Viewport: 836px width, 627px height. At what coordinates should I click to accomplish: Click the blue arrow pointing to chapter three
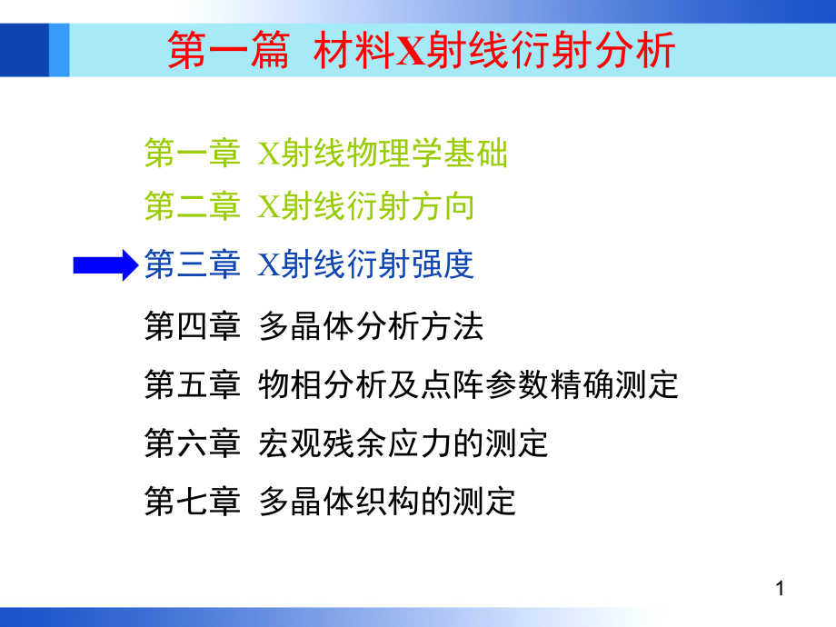pyautogui.click(x=105, y=265)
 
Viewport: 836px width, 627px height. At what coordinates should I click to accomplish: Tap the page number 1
pyautogui.click(x=780, y=589)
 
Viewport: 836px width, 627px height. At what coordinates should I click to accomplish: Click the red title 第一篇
pyautogui.click(x=229, y=50)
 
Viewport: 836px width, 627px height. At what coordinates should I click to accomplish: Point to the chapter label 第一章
pyautogui.click(x=193, y=153)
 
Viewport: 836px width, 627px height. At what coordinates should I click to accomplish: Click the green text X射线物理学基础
pyautogui.click(x=383, y=153)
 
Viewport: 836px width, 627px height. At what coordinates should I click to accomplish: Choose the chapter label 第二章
pyautogui.click(x=193, y=206)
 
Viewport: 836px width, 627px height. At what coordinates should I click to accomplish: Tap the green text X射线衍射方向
pyautogui.click(x=365, y=206)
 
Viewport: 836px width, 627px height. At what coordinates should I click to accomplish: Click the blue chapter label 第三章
pyautogui.click(x=193, y=264)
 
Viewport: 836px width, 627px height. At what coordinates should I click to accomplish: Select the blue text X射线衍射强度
pyautogui.click(x=365, y=264)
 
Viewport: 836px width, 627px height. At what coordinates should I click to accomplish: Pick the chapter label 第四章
pyautogui.click(x=193, y=325)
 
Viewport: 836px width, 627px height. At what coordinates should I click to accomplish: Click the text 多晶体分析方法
pyautogui.click(x=371, y=325)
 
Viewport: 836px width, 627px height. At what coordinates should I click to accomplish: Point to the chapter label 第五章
pyautogui.click(x=193, y=384)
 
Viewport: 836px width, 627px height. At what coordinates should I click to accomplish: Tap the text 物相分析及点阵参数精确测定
pyautogui.click(x=468, y=384)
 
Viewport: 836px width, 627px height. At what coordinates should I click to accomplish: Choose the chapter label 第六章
pyautogui.click(x=193, y=443)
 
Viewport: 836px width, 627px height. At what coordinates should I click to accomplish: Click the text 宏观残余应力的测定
pyautogui.click(x=403, y=443)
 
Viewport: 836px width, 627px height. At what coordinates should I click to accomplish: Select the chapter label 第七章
pyautogui.click(x=193, y=502)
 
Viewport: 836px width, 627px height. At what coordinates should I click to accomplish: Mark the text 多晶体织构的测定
pyautogui.click(x=388, y=502)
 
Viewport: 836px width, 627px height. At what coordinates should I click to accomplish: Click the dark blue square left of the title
pyautogui.click(x=25, y=50)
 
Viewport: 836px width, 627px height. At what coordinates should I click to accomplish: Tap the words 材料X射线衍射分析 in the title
pyautogui.click(x=494, y=50)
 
